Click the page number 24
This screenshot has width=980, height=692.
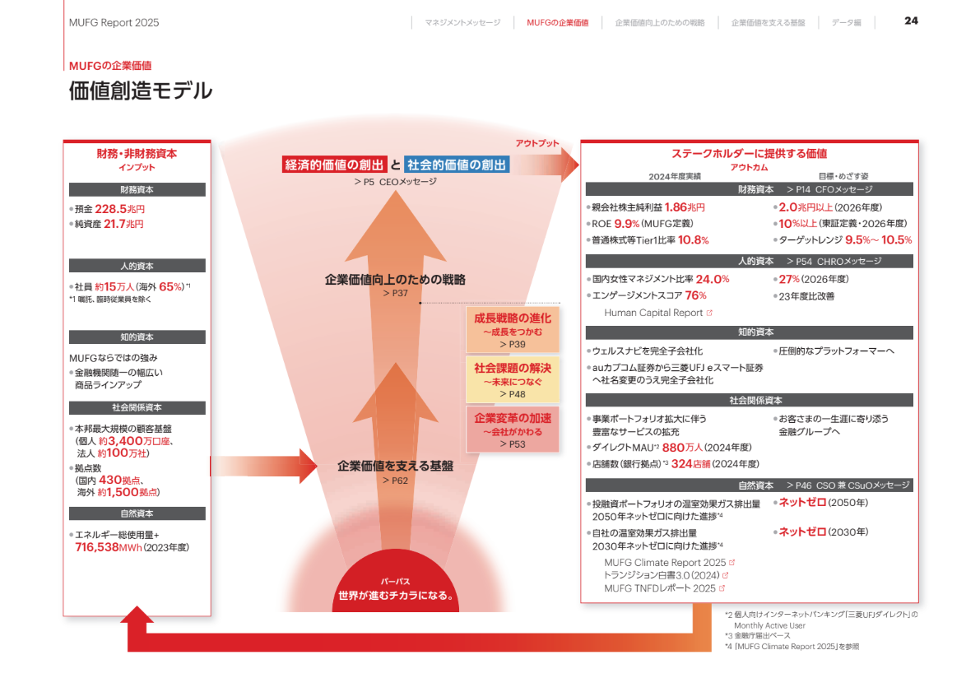[x=911, y=21]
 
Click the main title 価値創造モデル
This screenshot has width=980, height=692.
[x=141, y=91]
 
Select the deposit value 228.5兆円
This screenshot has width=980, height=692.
[x=119, y=209]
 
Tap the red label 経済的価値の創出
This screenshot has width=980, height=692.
[x=334, y=165]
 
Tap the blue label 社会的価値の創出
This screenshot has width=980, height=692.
[x=457, y=165]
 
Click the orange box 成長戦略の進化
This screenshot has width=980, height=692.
[x=513, y=330]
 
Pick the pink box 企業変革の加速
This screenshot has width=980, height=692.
[x=513, y=430]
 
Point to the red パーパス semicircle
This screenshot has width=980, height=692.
[x=396, y=582]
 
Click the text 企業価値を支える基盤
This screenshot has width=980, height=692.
[x=396, y=466]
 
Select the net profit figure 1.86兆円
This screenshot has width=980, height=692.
[x=685, y=207]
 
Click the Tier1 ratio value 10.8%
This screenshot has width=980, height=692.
[x=693, y=240]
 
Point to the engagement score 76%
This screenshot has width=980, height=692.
[x=695, y=295]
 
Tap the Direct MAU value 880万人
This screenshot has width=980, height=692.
[x=682, y=448]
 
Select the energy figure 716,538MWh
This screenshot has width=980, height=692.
[x=108, y=548]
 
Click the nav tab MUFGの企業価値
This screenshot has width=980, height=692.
[x=558, y=22]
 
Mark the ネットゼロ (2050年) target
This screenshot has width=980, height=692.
[x=823, y=503]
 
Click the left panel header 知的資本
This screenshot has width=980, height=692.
[x=137, y=337]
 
